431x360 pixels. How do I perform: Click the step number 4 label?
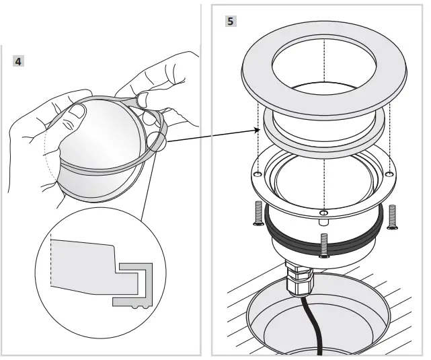click(x=19, y=61)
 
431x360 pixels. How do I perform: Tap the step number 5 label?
click(x=231, y=21)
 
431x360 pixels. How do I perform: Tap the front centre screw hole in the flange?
click(x=324, y=213)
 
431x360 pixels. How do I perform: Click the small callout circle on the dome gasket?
click(x=155, y=141)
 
